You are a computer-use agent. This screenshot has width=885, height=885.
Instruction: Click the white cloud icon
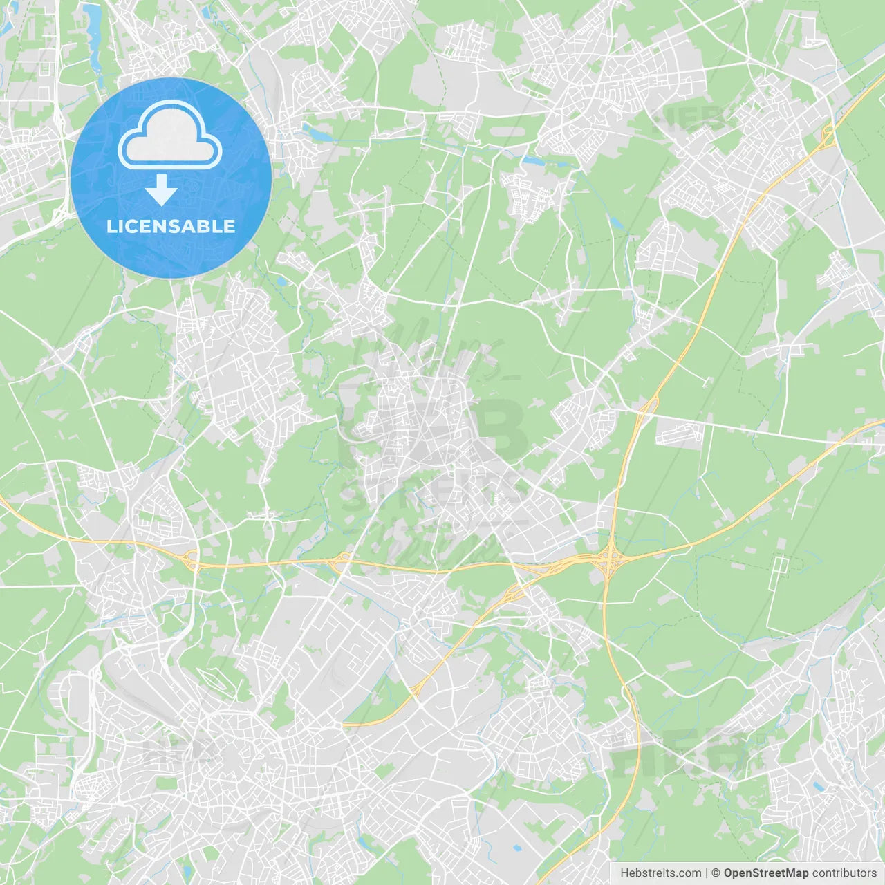coord(170,135)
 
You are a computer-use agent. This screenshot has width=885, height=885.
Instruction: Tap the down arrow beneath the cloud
coord(162,190)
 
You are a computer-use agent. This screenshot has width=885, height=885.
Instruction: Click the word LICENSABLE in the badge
coord(171,226)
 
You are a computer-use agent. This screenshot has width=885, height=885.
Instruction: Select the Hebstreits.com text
coord(660,873)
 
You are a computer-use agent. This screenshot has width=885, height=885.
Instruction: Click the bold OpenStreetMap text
coord(765,873)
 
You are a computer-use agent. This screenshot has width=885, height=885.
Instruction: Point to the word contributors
coord(844,873)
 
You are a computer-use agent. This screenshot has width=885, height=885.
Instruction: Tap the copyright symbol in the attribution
coord(716,873)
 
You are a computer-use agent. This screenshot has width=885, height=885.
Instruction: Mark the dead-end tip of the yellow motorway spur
coord(344,725)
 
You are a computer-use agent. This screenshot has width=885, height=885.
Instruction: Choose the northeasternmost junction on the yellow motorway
coord(827,136)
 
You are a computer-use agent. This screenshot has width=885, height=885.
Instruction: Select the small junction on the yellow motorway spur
coord(417,689)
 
